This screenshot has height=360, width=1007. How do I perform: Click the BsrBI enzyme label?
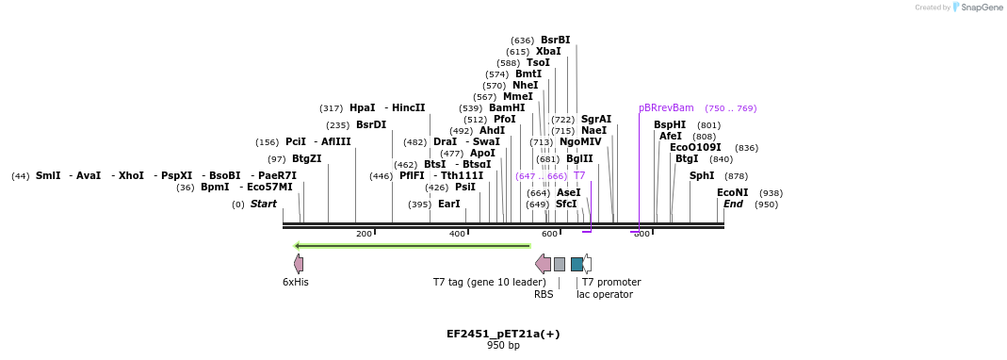click(x=555, y=40)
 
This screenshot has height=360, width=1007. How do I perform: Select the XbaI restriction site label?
click(x=548, y=51)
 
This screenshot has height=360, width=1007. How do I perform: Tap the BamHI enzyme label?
click(x=507, y=107)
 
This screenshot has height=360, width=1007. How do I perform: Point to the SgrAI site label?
click(x=595, y=119)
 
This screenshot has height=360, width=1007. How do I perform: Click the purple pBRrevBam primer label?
click(x=666, y=107)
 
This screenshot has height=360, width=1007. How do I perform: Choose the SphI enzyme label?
click(x=702, y=175)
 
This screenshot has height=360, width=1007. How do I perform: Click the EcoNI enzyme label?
click(x=732, y=192)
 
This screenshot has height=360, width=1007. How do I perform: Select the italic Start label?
click(x=263, y=204)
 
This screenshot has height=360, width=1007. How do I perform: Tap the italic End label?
click(x=733, y=204)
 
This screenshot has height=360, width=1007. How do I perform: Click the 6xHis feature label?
click(x=296, y=282)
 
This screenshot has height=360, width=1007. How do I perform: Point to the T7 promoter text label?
click(x=610, y=282)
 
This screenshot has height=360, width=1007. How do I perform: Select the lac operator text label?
click(x=604, y=294)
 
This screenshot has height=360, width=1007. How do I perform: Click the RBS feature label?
click(x=544, y=294)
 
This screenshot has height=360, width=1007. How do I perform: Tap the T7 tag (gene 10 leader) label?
click(x=489, y=282)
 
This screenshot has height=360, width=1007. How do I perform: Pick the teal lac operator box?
click(x=577, y=264)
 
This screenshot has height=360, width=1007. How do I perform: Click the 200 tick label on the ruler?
click(x=364, y=234)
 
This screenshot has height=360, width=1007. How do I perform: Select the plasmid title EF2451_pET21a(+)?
click(x=503, y=334)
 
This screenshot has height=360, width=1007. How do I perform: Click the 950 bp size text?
click(x=503, y=346)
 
